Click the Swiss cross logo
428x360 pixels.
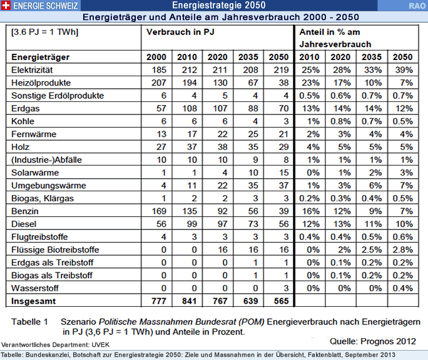(x=6, y=5)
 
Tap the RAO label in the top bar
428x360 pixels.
(x=417, y=6)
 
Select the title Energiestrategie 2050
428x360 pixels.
(x=219, y=5)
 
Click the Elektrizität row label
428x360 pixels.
(x=32, y=70)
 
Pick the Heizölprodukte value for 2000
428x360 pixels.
(x=159, y=83)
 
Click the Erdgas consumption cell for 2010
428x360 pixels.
(x=190, y=109)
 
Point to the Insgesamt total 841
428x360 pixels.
(x=189, y=301)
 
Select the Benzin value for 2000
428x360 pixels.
(x=159, y=211)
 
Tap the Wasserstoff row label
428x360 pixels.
(x=35, y=288)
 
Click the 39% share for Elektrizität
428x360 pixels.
(x=404, y=70)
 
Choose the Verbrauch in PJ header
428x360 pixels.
(x=180, y=32)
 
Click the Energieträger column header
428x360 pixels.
(x=41, y=57)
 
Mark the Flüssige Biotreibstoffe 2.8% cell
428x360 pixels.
(x=402, y=250)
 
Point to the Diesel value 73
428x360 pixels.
(x=253, y=224)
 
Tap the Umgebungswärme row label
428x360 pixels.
(x=49, y=186)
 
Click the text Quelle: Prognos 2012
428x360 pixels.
(x=372, y=341)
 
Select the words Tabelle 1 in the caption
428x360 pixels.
(x=29, y=322)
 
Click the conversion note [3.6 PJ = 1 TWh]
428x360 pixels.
(x=45, y=32)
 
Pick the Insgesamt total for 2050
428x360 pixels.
(x=281, y=301)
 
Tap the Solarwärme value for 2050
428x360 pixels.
(x=284, y=172)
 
